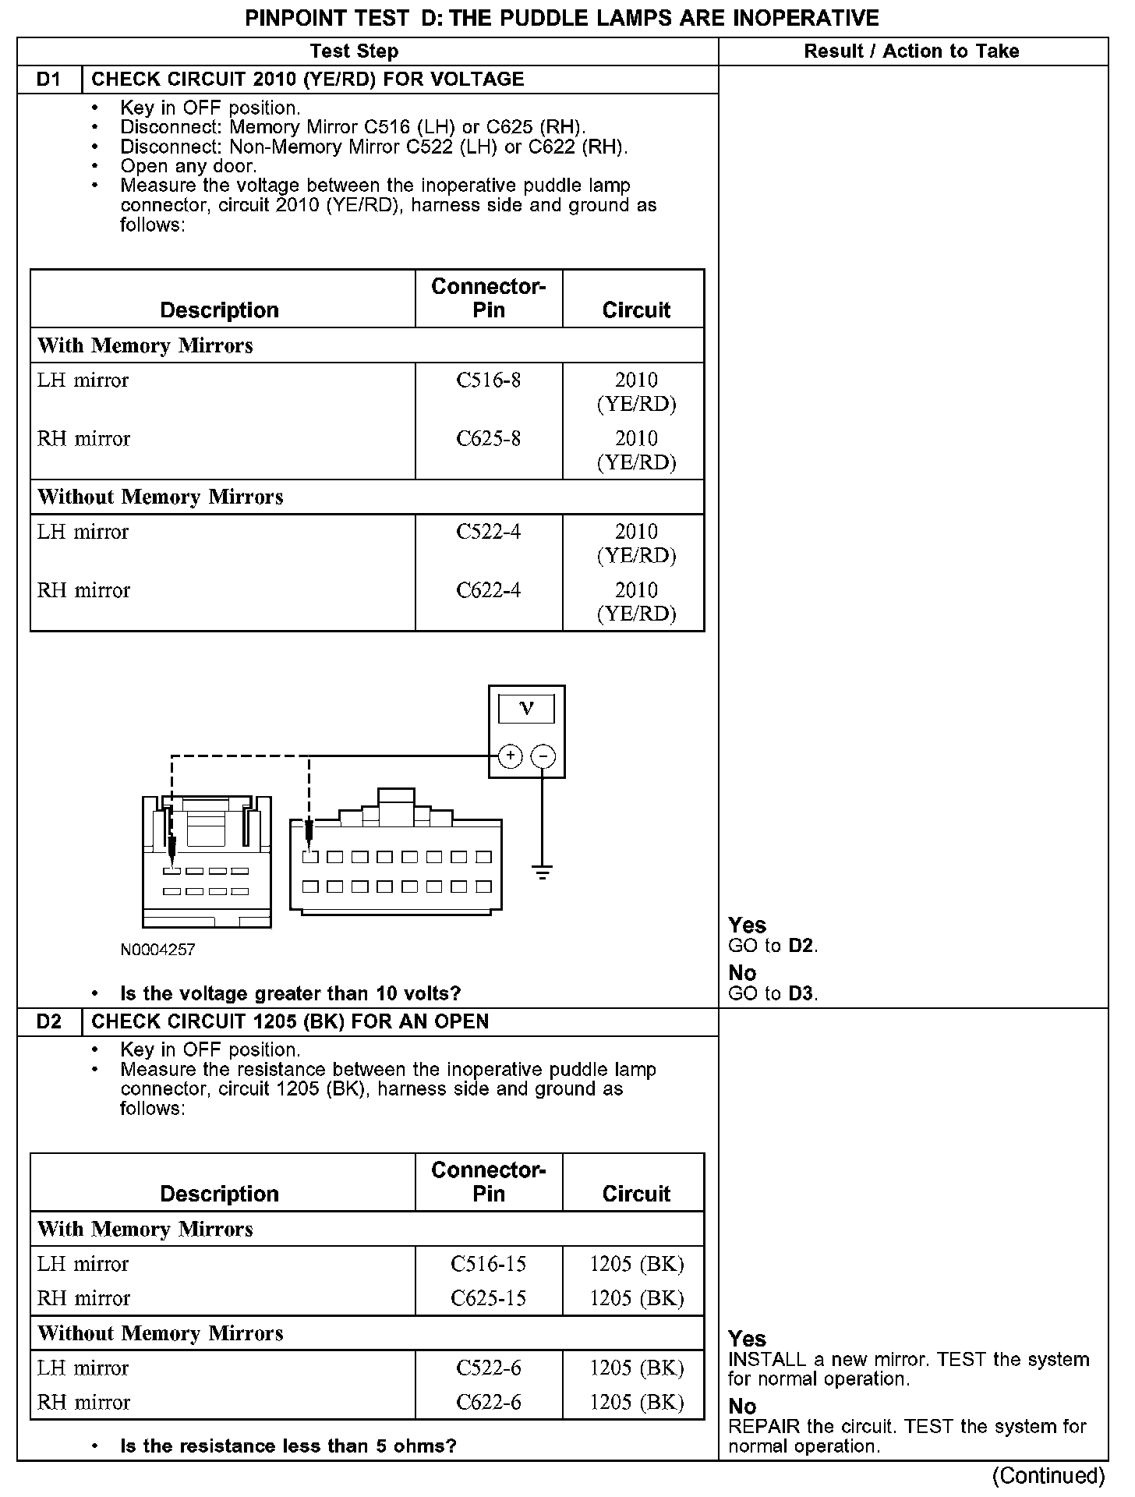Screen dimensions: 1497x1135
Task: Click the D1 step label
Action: click(x=48, y=80)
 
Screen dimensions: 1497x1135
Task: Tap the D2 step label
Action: click(x=48, y=1021)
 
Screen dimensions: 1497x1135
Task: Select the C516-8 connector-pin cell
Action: click(x=489, y=380)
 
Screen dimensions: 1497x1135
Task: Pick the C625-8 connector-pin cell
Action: click(x=489, y=439)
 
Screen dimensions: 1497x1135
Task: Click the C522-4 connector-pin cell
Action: click(x=489, y=532)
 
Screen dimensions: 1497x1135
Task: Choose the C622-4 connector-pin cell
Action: click(x=489, y=590)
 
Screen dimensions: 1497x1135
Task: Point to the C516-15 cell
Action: click(x=489, y=1264)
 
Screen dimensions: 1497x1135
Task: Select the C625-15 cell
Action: click(x=489, y=1298)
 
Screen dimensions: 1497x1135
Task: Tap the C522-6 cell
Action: click(x=489, y=1368)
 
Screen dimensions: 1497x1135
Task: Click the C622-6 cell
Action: click(x=489, y=1403)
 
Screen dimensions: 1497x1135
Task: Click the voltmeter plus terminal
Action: click(x=510, y=756)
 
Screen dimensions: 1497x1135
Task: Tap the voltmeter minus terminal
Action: click(x=543, y=756)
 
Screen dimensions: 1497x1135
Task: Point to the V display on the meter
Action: click(x=527, y=709)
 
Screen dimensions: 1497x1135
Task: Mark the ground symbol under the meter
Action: click(x=543, y=872)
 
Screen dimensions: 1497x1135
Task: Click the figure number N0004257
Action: click(x=157, y=950)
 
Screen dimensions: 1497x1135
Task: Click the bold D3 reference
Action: click(x=801, y=994)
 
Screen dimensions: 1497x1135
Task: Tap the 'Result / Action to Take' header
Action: click(x=911, y=51)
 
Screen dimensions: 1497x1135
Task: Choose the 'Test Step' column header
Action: click(x=354, y=51)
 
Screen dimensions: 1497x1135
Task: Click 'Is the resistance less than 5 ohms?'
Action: click(x=288, y=1446)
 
